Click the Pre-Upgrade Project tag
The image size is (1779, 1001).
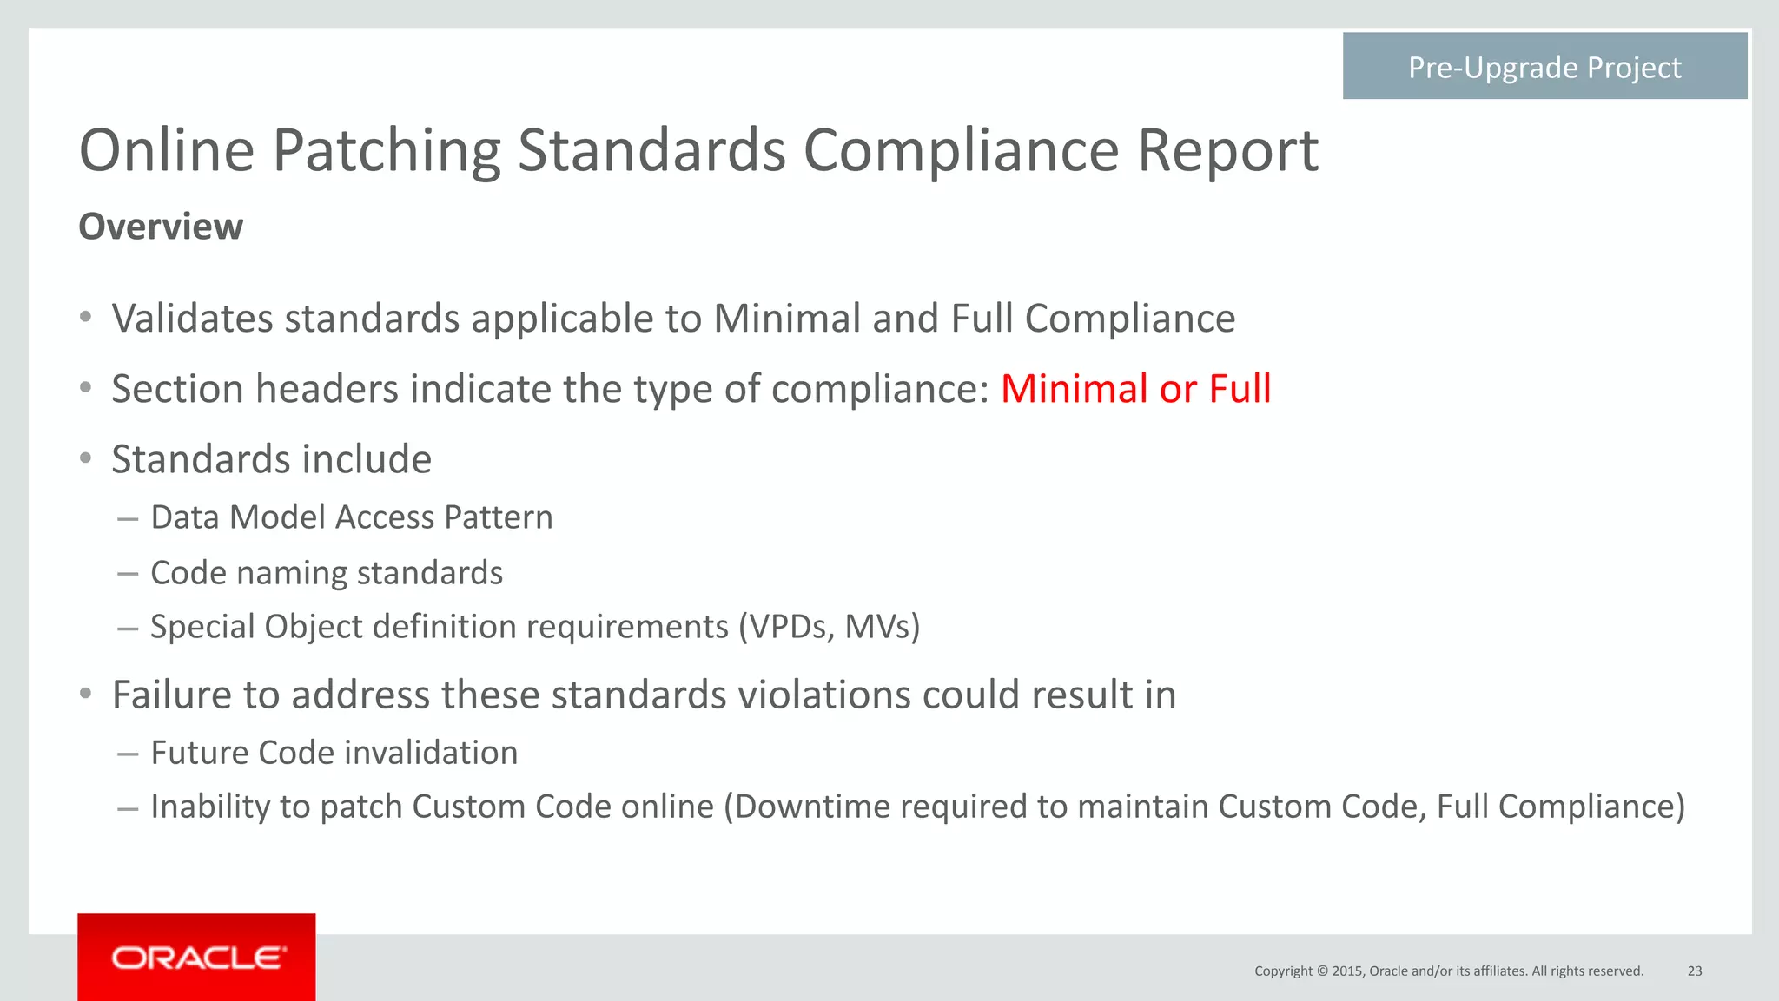click(1544, 67)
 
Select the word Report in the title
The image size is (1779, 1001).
click(1227, 150)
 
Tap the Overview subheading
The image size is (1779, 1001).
click(161, 227)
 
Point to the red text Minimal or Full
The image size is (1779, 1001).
click(1135, 389)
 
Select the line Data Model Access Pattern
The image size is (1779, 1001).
click(351, 517)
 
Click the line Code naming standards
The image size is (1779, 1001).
click(327, 573)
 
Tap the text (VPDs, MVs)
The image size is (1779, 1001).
click(829, 627)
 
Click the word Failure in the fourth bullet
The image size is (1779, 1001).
click(171, 695)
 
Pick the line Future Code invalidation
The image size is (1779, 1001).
click(334, 753)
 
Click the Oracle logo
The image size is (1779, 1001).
click(197, 958)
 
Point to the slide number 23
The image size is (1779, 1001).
click(1695, 971)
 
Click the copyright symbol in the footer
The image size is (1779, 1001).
click(1322, 971)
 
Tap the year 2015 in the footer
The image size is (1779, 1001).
click(1347, 971)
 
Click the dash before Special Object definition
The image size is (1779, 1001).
click(128, 628)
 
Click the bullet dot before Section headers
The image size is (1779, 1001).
click(85, 388)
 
